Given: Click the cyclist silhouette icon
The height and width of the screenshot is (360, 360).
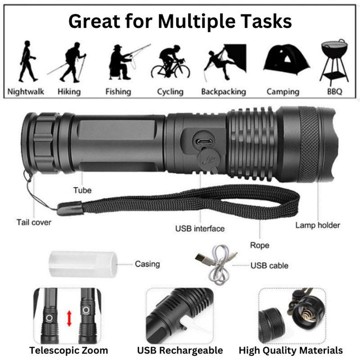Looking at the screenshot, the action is point(170,61).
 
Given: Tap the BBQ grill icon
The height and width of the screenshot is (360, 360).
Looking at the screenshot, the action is point(334,62).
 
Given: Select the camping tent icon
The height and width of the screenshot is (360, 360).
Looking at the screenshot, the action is point(286,59).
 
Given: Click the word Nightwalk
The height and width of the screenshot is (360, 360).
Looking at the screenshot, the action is point(25,91).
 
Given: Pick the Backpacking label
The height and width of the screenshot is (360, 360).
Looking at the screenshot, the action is point(223,91).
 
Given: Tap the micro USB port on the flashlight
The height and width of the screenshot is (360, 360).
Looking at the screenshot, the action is point(203,141).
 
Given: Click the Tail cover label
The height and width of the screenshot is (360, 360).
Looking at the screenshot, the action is point(34,222).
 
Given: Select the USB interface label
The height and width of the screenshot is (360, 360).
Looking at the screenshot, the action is point(199,228).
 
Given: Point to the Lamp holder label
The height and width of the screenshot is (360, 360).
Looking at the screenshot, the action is point(317,225).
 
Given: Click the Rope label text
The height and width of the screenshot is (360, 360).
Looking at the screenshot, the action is point(259,245).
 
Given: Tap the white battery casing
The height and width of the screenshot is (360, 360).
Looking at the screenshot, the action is point(83,264).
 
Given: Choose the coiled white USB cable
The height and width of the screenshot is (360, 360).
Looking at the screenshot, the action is point(216,264).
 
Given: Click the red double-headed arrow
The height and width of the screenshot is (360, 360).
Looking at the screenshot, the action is point(69,318).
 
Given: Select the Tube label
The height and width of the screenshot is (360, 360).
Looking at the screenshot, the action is point(82,190).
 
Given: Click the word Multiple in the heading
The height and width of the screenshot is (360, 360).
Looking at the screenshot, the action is point(197,21).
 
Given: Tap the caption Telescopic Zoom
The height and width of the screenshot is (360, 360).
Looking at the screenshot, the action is point(68,350).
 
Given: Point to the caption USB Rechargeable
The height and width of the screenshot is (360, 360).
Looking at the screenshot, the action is point(180,350).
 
